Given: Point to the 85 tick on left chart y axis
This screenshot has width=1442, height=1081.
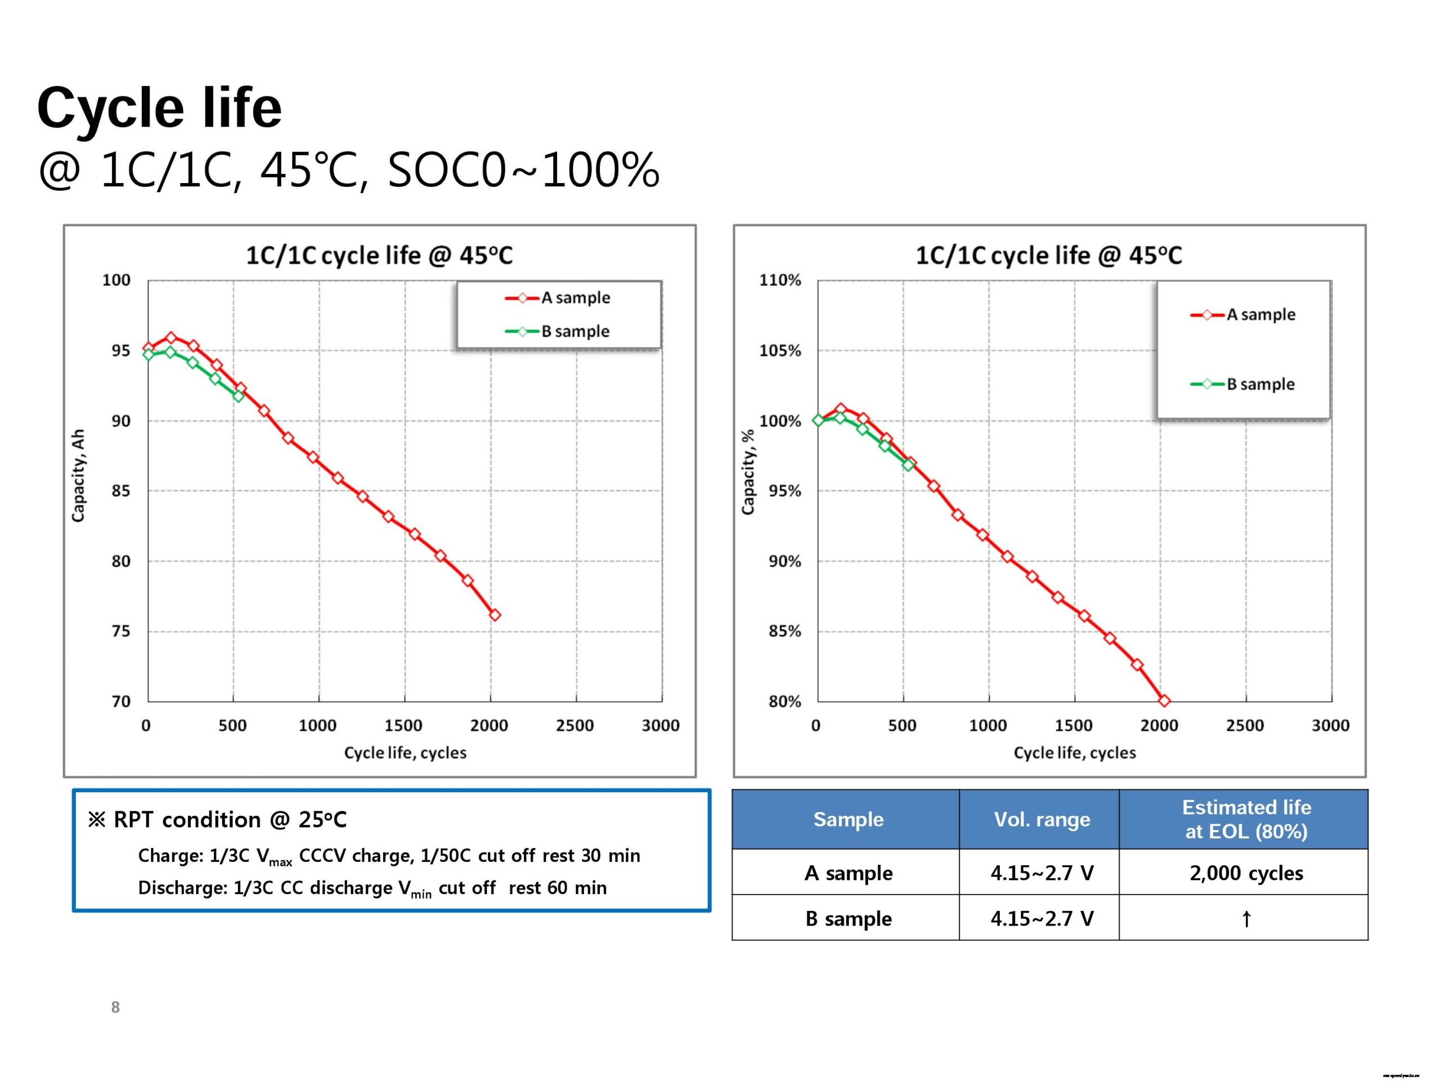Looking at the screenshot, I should tap(121, 490).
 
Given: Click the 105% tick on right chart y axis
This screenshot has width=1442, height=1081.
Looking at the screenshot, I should tap(780, 351).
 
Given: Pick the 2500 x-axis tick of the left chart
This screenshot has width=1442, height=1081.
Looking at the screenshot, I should tap(575, 725).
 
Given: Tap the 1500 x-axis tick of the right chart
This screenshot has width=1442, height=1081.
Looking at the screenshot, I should tap(1073, 725).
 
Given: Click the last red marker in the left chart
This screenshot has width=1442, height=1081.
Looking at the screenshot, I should tap(495, 614).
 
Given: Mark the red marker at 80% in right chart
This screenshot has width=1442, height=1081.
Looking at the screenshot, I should tap(1164, 701).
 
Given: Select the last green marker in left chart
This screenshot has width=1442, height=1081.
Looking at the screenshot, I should tap(238, 395).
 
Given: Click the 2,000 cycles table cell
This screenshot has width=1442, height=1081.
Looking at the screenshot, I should tap(1246, 873).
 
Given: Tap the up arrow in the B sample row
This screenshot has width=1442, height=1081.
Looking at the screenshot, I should tap(1246, 919).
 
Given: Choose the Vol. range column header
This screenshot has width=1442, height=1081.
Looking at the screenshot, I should tap(1041, 819).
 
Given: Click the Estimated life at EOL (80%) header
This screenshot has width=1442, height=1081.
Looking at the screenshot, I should tap(1246, 819).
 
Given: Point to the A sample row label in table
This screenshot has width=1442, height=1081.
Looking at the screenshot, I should tap(848, 873).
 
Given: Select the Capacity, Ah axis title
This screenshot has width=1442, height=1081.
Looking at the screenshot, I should tap(78, 476).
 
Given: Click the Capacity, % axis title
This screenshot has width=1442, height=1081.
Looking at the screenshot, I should tap(747, 472).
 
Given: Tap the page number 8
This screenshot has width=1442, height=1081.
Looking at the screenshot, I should tap(115, 1007).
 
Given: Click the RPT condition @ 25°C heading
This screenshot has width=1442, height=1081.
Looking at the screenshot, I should tap(218, 820).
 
